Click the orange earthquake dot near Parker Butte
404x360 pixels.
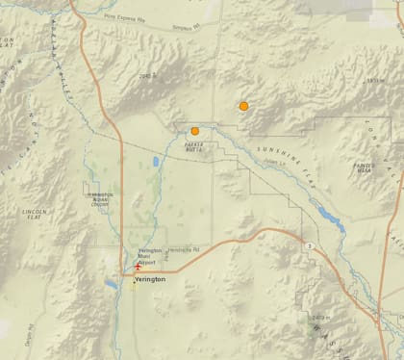point(194,131)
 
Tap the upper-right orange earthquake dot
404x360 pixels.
point(244,106)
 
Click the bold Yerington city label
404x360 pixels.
point(149,278)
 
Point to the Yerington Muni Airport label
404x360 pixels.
point(147,258)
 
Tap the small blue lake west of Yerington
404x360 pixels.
point(111,285)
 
